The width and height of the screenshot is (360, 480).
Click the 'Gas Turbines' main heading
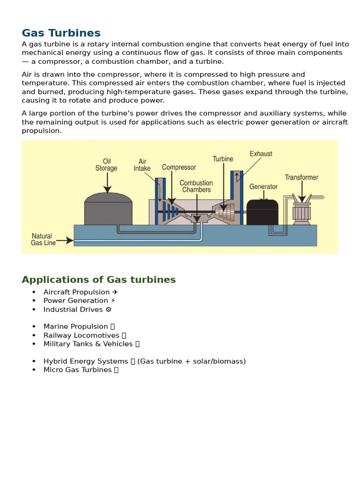[61, 33]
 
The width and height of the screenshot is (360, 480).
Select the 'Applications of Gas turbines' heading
[98, 280]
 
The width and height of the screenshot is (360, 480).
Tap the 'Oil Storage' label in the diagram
[106, 165]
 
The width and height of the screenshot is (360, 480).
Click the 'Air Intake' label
[142, 165]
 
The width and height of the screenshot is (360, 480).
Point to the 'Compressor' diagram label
[179, 167]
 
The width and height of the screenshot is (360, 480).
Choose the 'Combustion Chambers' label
[196, 186]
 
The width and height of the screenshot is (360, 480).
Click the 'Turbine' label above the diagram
[223, 159]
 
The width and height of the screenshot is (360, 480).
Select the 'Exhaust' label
[261, 154]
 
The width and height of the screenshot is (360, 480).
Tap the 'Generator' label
[263, 187]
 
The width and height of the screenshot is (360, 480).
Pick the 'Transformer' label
[301, 178]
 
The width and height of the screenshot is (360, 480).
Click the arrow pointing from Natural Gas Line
[66, 240]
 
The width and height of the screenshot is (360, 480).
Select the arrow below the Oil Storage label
[107, 183]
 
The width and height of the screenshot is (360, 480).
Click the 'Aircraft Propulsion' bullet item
[77, 292]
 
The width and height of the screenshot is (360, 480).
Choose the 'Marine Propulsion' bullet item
[75, 326]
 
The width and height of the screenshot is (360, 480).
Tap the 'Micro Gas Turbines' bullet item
[77, 370]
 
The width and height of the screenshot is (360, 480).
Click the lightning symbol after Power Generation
[113, 300]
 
